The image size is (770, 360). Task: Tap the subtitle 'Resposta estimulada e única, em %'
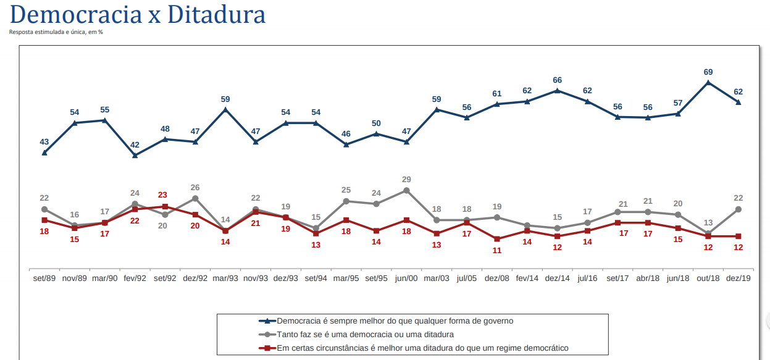click(56, 32)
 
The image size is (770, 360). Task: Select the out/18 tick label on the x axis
click(708, 278)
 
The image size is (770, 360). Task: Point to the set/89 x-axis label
click(44, 278)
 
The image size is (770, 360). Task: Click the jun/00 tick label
click(406, 278)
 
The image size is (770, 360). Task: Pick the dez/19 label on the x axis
click(738, 278)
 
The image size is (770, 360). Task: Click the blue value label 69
click(708, 72)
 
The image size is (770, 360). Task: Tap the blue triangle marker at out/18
click(708, 83)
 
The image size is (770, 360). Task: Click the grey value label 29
click(406, 180)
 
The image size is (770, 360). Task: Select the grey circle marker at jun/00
click(406, 190)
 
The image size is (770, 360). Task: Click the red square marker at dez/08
click(497, 238)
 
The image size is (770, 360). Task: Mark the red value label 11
click(497, 251)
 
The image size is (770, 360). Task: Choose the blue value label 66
click(557, 80)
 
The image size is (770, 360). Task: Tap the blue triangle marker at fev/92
click(135, 156)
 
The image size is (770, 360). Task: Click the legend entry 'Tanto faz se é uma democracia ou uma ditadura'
click(365, 334)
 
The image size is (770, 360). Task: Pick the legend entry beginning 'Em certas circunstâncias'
click(422, 348)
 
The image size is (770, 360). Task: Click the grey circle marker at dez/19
click(738, 209)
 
